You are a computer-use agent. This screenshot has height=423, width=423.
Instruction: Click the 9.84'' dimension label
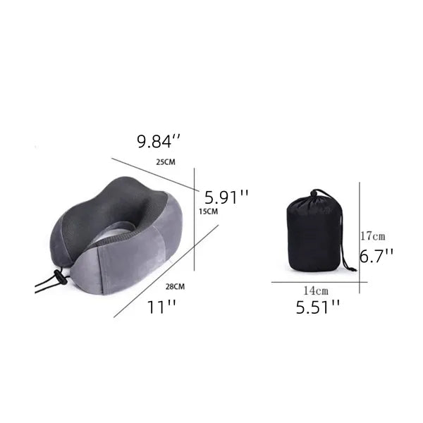tap(159, 141)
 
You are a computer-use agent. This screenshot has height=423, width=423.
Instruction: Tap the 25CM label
tap(166, 162)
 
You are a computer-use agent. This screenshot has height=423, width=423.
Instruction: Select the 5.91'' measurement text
tap(226, 197)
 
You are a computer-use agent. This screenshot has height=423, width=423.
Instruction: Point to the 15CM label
tap(209, 211)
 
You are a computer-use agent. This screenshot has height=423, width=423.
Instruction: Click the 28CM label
tap(175, 286)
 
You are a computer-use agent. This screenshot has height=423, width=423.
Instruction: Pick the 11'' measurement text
tap(161, 307)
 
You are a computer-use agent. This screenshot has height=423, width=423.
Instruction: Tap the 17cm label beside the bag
tap(373, 236)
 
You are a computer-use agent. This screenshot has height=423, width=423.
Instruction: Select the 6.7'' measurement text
tap(376, 255)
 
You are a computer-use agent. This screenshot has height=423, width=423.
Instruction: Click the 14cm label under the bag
tap(316, 290)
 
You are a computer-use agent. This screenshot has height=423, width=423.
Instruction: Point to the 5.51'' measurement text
tap(318, 307)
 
